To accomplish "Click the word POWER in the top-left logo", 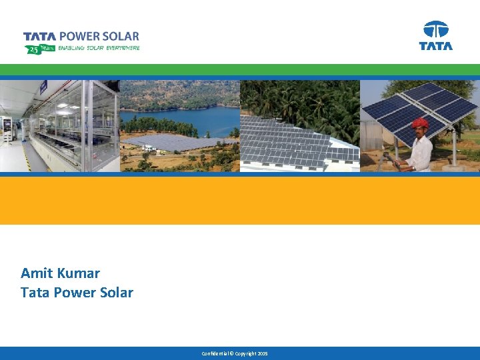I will point(79,37).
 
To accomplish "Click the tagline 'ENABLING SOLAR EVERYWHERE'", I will point(99,48).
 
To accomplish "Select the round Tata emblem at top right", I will point(436,30).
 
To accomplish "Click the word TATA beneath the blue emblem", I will point(436,46).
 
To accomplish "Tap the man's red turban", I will point(419,123).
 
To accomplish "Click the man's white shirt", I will point(421,153).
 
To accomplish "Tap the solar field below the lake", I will point(173,141).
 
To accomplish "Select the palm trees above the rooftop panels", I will point(300,100).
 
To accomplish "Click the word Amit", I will point(37,273).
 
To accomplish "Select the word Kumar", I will point(79,273).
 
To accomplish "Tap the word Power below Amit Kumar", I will point(71,293).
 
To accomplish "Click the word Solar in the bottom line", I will point(115,293).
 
